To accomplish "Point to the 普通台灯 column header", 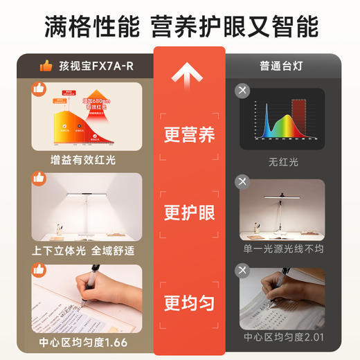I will [282, 66].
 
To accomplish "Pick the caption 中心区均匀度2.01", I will [282, 339].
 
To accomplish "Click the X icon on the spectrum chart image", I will [242, 91].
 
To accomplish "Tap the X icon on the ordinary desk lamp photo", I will [242, 182].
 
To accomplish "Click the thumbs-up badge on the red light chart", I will [39, 89].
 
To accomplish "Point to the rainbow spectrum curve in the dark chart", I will [277, 122].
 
